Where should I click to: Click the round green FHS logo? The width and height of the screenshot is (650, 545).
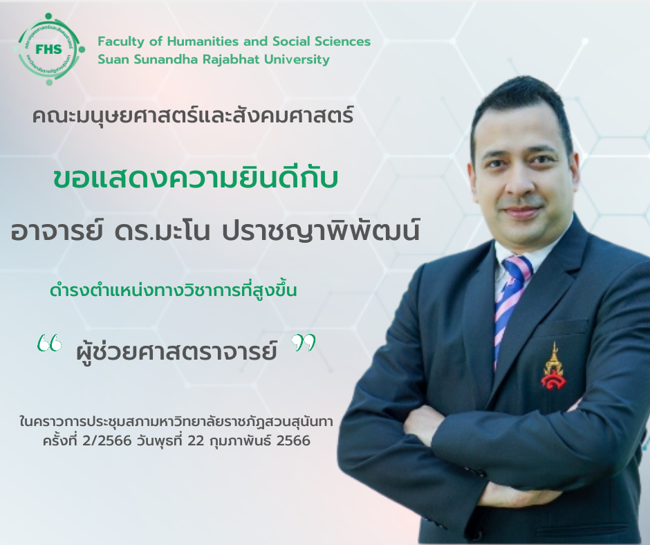click(x=49, y=49)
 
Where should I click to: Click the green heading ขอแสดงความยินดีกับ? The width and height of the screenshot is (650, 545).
click(x=196, y=178)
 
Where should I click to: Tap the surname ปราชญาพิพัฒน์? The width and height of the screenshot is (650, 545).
click(x=321, y=232)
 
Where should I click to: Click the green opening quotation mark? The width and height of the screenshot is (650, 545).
click(x=49, y=343)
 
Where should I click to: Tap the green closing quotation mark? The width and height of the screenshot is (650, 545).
click(x=303, y=343)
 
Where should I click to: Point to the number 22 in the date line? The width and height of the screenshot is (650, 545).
click(x=196, y=441)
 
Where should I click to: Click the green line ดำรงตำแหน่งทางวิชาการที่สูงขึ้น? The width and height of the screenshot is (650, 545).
click(x=174, y=290)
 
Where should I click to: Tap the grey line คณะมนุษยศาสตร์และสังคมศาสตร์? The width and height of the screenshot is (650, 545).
click(x=193, y=116)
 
